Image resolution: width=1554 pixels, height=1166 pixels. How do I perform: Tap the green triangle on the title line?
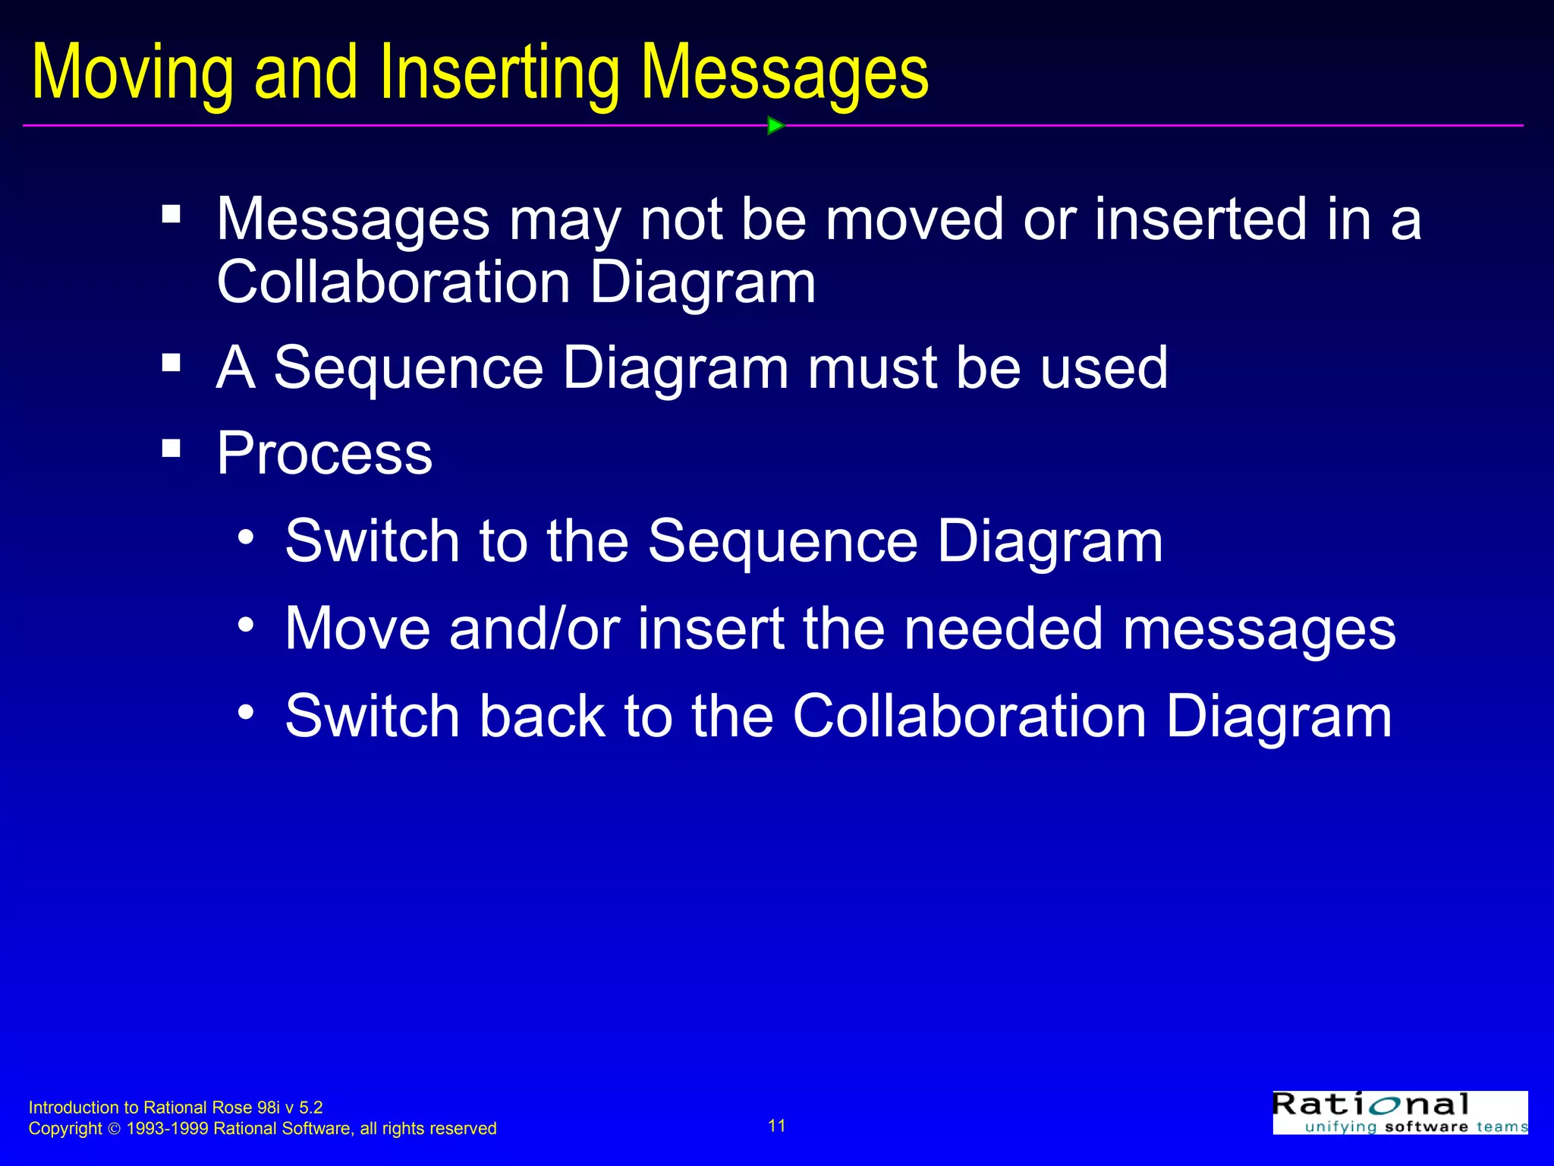[775, 125]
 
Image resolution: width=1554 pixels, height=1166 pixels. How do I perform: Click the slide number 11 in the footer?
[777, 1126]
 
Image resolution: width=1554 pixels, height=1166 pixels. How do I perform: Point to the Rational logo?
[1400, 1112]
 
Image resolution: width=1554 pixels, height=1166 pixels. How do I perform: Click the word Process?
[325, 453]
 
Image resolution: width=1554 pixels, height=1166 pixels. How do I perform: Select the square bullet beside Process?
[171, 448]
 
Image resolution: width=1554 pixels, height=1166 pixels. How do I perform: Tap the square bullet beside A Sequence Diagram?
[171, 362]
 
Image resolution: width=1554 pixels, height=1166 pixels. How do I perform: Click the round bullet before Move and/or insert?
[245, 625]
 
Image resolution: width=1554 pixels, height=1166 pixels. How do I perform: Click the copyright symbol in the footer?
[115, 1130]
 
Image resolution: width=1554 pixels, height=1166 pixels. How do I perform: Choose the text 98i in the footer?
[269, 1108]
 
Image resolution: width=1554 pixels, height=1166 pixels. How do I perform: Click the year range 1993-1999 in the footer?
[168, 1129]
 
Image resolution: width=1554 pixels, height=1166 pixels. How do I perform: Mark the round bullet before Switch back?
[245, 712]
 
